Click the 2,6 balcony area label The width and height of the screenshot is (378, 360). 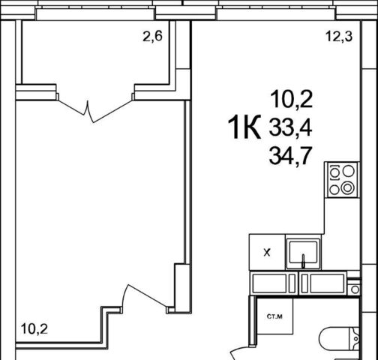[152, 37]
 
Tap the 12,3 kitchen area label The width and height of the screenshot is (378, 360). [339, 37]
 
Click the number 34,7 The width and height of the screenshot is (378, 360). [290, 157]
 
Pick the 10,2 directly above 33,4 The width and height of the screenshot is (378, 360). [292, 100]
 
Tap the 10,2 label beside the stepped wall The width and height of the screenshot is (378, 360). [34, 328]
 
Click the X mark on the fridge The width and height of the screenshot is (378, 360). [267, 253]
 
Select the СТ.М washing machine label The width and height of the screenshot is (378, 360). [274, 316]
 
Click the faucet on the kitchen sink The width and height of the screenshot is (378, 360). [304, 261]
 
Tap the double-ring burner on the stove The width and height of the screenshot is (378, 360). [348, 188]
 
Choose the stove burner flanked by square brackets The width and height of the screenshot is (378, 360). [334, 172]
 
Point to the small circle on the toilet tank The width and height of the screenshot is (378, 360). [356, 339]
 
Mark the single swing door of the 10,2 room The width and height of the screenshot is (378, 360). [145, 298]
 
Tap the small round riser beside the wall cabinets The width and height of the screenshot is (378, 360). [355, 289]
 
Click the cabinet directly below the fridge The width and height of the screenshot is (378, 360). [273, 283]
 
